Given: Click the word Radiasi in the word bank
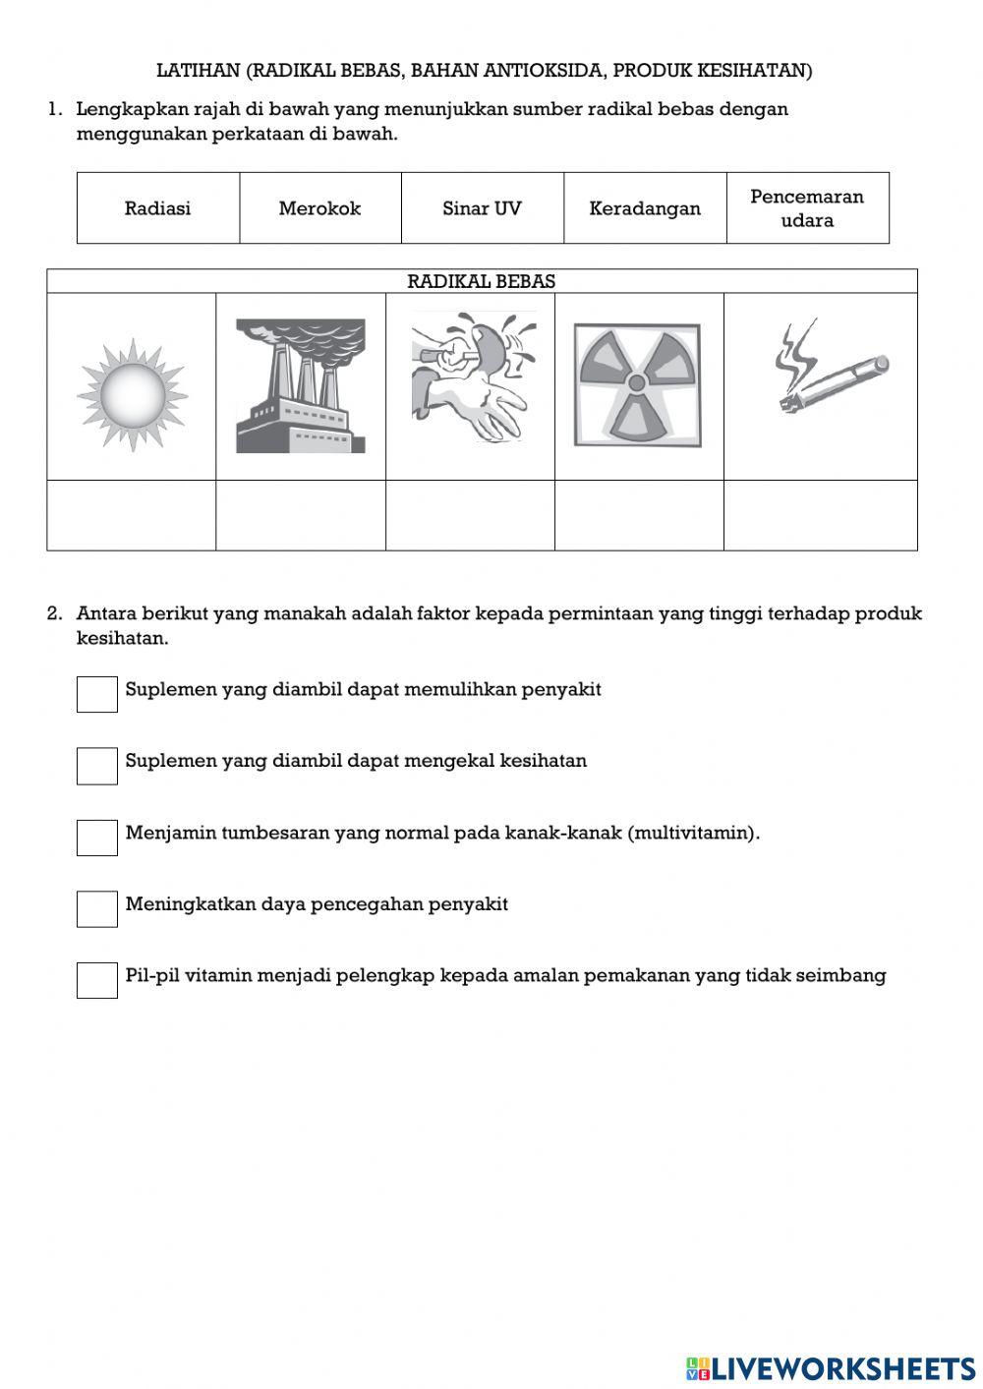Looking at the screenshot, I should coord(157,208).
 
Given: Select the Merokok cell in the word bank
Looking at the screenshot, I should coord(319,208).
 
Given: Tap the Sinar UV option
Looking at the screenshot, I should coord(482,208).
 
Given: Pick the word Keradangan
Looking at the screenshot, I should coord(645,208).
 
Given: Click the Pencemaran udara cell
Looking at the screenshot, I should coord(807,208).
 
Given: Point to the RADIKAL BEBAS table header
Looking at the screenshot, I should coord(482,281).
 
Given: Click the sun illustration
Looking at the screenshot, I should coord(132,395).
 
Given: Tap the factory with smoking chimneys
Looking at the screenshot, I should coord(300,385).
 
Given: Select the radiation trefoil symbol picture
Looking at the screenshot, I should coord(637,385).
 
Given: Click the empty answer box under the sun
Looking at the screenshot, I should coord(132,515).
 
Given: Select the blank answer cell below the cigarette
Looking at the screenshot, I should coord(820,515).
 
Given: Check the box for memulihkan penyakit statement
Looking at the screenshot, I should coord(97,694).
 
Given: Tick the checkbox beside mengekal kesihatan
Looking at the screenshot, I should coord(97,766).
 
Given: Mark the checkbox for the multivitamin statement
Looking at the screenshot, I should coord(97,838).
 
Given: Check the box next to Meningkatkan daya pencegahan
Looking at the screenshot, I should coord(97,909).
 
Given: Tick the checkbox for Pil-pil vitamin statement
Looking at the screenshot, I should coord(97,981).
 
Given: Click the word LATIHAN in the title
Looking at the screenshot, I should coord(198,71).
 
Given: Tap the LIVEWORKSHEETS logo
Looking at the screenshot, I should coord(831,1367).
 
